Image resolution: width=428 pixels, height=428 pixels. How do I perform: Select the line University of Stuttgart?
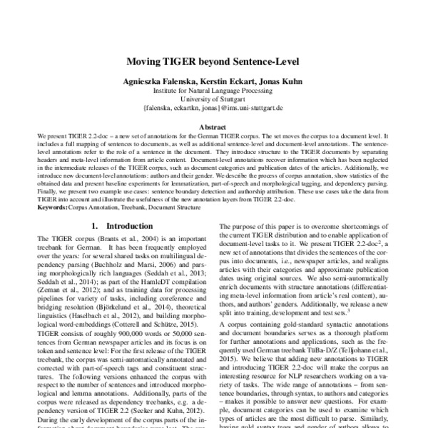[x=213, y=100]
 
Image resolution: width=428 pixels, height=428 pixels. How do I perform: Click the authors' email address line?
[x=213, y=109]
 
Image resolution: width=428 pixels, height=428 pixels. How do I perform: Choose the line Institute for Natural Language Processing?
[x=213, y=91]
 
